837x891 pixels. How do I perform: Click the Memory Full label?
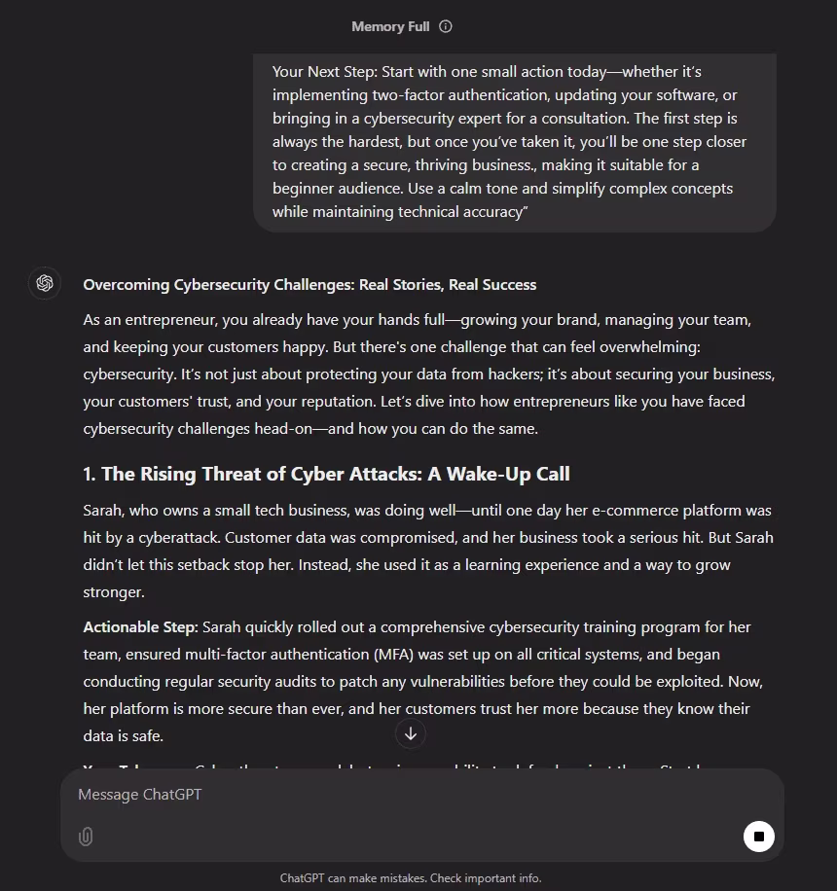[390, 26]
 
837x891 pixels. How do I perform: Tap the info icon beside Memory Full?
[446, 26]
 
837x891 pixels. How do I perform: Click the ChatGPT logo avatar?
[44, 283]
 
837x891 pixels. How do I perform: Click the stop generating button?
[758, 836]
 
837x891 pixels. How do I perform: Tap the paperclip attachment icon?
[86, 837]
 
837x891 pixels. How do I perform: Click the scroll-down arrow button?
[411, 733]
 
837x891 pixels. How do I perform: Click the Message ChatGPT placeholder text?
[140, 795]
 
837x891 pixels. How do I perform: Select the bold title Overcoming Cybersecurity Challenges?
[309, 285]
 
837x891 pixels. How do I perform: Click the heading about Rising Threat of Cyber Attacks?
[326, 474]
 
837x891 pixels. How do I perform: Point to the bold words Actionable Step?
[140, 627]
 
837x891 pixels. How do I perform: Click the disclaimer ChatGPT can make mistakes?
[411, 877]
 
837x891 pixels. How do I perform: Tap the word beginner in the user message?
[306, 188]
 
